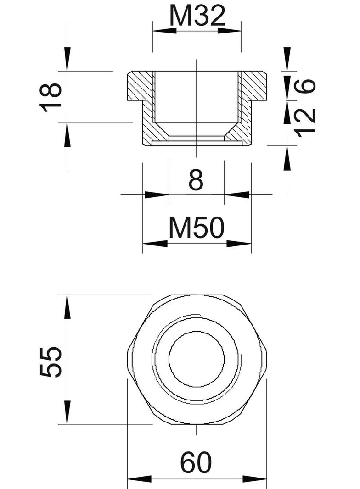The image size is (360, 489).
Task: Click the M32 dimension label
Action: point(197,17)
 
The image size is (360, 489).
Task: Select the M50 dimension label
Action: point(196,228)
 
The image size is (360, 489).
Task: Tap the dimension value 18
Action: point(51,97)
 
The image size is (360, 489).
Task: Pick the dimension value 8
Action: point(196,181)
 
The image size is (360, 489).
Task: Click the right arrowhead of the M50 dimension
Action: point(240,244)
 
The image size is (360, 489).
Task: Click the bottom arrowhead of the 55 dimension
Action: point(67,413)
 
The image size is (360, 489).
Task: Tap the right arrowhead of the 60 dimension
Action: point(255,479)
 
